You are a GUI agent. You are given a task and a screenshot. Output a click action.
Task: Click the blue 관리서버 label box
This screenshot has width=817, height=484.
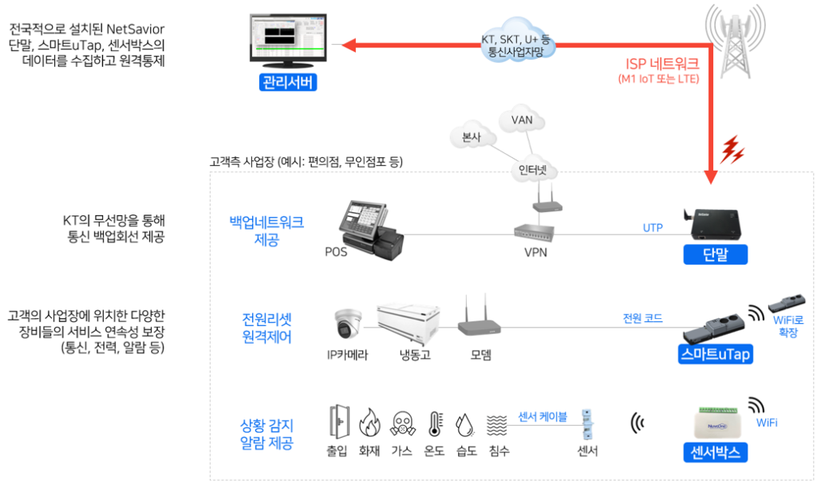(287, 82)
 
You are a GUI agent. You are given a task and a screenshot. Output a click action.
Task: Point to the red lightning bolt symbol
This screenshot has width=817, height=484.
(732, 150)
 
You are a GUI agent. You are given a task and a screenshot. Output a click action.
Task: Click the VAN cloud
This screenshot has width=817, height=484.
(522, 120)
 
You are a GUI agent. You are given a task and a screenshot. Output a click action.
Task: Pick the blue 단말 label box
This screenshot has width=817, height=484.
(715, 255)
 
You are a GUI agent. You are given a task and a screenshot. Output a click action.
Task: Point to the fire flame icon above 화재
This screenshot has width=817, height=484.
(369, 422)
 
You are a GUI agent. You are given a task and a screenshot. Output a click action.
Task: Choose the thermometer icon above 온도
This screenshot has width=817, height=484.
(434, 423)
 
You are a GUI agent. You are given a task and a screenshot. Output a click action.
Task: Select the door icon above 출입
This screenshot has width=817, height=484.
(337, 422)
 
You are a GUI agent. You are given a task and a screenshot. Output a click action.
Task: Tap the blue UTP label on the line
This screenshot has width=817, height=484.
(653, 228)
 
